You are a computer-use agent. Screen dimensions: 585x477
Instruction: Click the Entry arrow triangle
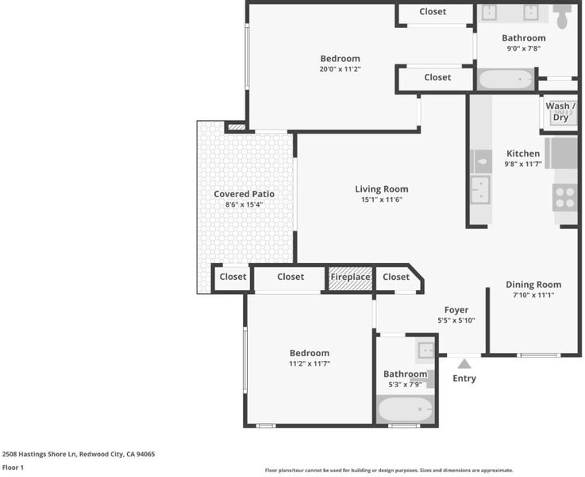coord(464,364)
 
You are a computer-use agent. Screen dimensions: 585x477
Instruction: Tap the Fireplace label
coord(350,277)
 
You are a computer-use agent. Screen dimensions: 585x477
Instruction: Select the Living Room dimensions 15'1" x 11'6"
coord(382,200)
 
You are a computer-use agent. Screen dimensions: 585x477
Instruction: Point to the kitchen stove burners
coord(564,198)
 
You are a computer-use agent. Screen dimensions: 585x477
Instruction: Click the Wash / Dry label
coord(560,111)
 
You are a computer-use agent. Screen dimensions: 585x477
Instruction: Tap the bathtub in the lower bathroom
coord(405,409)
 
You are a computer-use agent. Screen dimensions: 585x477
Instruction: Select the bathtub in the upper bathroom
coord(506,79)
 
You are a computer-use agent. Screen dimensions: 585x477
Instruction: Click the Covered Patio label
coord(244,194)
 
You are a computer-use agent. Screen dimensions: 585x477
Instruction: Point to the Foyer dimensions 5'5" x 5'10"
coord(456,320)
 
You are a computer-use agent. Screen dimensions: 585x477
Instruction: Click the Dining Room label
coord(533,285)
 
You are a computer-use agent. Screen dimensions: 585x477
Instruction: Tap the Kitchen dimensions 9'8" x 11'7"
coord(523,164)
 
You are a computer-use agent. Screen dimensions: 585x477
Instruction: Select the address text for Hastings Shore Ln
coord(79,454)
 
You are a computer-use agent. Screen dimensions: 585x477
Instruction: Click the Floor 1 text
coord(13,467)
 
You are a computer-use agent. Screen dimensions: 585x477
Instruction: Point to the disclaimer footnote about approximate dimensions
coord(389,471)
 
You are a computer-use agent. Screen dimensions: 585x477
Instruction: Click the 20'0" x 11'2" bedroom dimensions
coord(340,69)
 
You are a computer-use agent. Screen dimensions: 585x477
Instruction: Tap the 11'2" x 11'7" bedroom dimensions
coord(310,363)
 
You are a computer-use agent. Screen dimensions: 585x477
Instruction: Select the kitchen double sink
coord(480,190)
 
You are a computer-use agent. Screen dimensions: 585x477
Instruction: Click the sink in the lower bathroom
coord(425,351)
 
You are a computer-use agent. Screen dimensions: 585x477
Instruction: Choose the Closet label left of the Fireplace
coord(291,277)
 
